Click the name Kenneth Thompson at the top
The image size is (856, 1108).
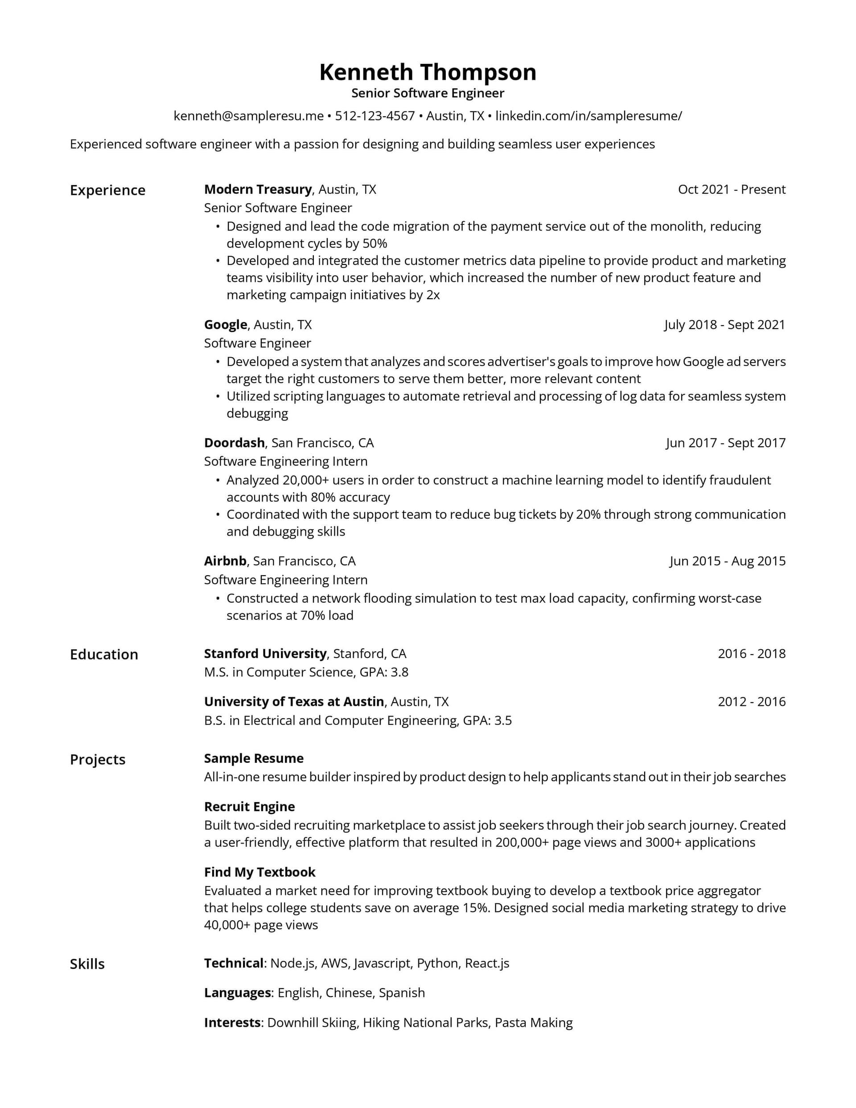[x=427, y=73]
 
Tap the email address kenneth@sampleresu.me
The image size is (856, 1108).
[x=248, y=116]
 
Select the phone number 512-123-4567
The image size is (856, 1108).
[x=374, y=116]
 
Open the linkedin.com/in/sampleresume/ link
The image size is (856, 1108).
[x=588, y=116]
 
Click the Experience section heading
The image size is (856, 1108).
[x=107, y=190]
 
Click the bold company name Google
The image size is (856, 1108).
[x=225, y=325]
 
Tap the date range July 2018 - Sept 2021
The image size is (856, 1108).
[x=724, y=325]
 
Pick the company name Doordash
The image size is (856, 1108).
[x=234, y=443]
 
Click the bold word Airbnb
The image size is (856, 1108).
[x=225, y=561]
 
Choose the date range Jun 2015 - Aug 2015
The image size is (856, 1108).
[x=727, y=561]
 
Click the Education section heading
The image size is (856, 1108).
[x=103, y=655]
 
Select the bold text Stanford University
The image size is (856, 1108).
[x=265, y=654]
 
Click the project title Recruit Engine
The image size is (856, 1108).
[x=249, y=807]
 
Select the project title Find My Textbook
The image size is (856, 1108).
[x=259, y=872]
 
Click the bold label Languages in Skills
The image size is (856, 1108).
[x=237, y=993]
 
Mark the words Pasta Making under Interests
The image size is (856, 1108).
[x=533, y=1023]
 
